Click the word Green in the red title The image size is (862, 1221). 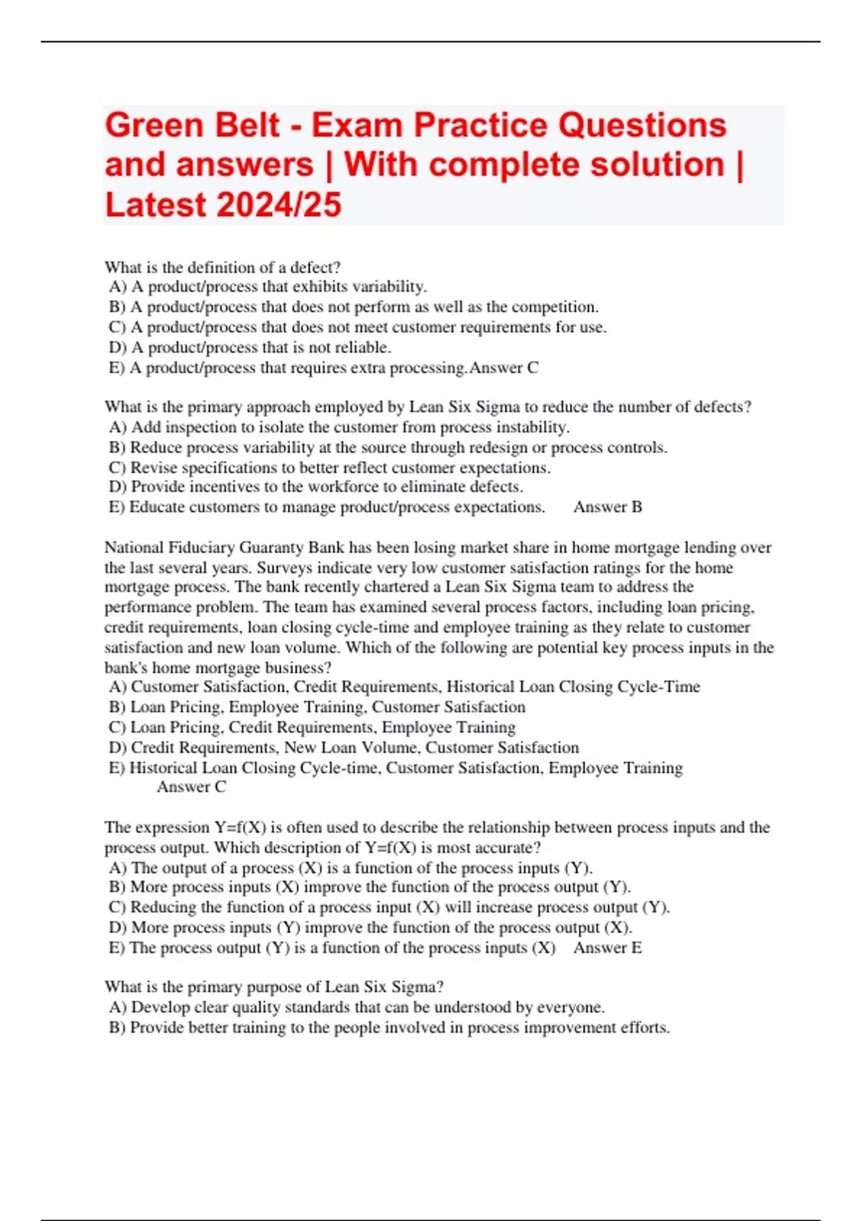pyautogui.click(x=154, y=126)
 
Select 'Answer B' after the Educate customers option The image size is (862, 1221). pyautogui.click(x=608, y=507)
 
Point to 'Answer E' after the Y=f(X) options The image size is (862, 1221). pyautogui.click(x=608, y=948)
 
